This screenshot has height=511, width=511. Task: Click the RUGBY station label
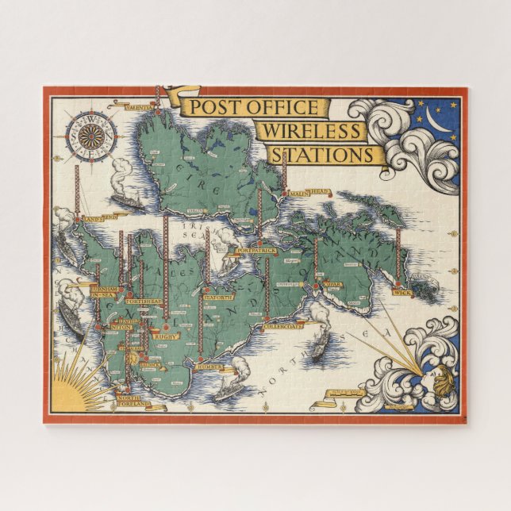click(167, 337)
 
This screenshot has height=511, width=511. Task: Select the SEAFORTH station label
click(217, 298)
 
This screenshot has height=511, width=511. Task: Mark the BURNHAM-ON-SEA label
click(103, 292)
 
